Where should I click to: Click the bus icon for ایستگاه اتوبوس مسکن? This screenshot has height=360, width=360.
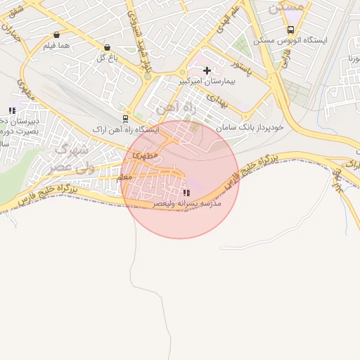[x=290, y=30]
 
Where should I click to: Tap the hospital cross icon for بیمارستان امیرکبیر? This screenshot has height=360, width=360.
[x=207, y=70]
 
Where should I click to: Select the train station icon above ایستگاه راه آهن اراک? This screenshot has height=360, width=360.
[x=125, y=118]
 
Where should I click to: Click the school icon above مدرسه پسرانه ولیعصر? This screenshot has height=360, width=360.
[x=186, y=193]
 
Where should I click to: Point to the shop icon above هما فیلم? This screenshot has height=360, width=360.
[x=56, y=34]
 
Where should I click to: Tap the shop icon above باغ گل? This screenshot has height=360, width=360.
[x=105, y=46]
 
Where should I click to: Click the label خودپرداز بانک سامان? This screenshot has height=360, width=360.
[x=250, y=128]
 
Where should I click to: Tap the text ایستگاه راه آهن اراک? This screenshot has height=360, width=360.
[x=129, y=130]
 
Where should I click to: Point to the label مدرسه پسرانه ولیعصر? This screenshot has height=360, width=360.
[x=187, y=203]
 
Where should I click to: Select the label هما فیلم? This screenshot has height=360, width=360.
[x=56, y=46]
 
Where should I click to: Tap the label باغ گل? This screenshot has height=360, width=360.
[x=105, y=58]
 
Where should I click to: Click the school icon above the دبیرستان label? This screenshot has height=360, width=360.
[x=12, y=110]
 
